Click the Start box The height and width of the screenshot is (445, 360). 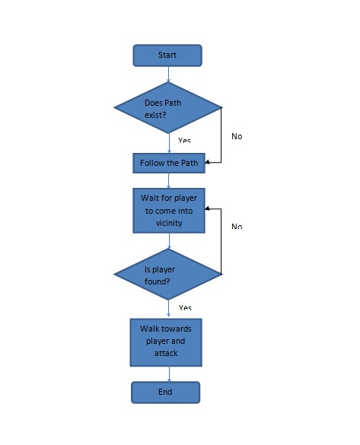pyautogui.click(x=167, y=56)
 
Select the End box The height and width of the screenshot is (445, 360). pyautogui.click(x=166, y=392)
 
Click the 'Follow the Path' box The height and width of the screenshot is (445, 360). pyautogui.click(x=168, y=163)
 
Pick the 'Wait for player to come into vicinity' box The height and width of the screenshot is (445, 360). pyautogui.click(x=168, y=210)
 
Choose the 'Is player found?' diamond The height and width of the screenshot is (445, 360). pyautogui.click(x=167, y=273)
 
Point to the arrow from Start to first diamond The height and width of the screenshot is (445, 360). pyautogui.click(x=168, y=74)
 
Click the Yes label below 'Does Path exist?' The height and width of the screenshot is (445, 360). pyautogui.click(x=184, y=141)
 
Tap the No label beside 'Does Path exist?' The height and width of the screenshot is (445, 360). pyautogui.click(x=237, y=137)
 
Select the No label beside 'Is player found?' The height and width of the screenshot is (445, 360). pyautogui.click(x=237, y=227)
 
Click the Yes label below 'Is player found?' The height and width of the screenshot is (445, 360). pyautogui.click(x=184, y=308)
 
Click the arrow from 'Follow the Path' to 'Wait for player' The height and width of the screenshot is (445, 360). pyautogui.click(x=168, y=180)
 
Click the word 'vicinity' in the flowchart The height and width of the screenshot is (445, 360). pyautogui.click(x=168, y=222)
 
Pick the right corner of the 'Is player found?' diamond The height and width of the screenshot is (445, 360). pyautogui.click(x=221, y=273)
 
